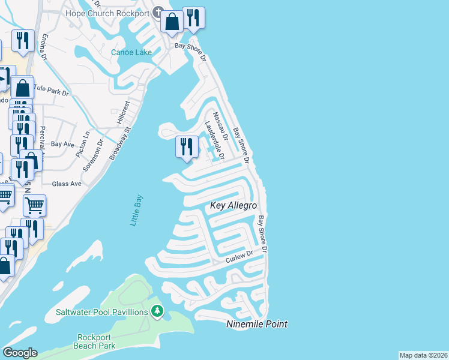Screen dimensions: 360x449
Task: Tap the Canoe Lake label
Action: [x=131, y=52]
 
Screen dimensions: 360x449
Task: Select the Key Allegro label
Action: [x=233, y=206]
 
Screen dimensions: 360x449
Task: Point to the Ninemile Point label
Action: [x=256, y=324]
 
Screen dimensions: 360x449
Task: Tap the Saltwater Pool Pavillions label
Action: [x=101, y=312]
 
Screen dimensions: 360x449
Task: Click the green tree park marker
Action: [x=157, y=311]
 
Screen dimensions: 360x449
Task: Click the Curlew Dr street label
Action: [x=238, y=259]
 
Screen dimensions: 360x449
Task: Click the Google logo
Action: [x=20, y=353]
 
